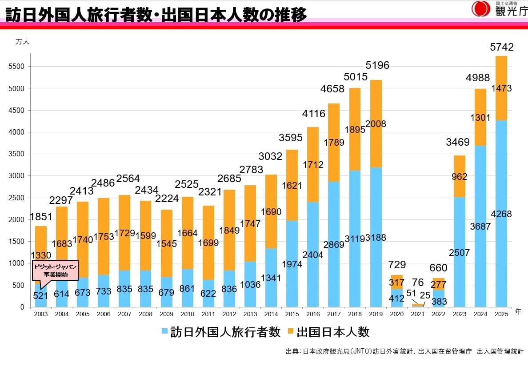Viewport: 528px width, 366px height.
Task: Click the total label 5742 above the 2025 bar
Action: coord(501,47)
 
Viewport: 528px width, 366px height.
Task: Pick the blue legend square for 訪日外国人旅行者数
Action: coord(164,332)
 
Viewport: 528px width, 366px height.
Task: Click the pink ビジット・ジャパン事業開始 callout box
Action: coord(55,271)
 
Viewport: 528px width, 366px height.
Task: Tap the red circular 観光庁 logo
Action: coord(481,9)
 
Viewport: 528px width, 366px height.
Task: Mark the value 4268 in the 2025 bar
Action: coord(501,214)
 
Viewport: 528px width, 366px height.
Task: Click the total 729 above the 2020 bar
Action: coord(397,265)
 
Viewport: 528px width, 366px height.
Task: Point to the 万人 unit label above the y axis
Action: coord(22,42)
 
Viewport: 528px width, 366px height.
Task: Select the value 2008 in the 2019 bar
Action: coord(376,124)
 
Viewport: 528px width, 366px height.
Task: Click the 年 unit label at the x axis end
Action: coord(518,312)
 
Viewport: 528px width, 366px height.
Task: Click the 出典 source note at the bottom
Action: coord(404,351)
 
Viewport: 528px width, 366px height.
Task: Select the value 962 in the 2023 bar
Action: coord(460,177)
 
